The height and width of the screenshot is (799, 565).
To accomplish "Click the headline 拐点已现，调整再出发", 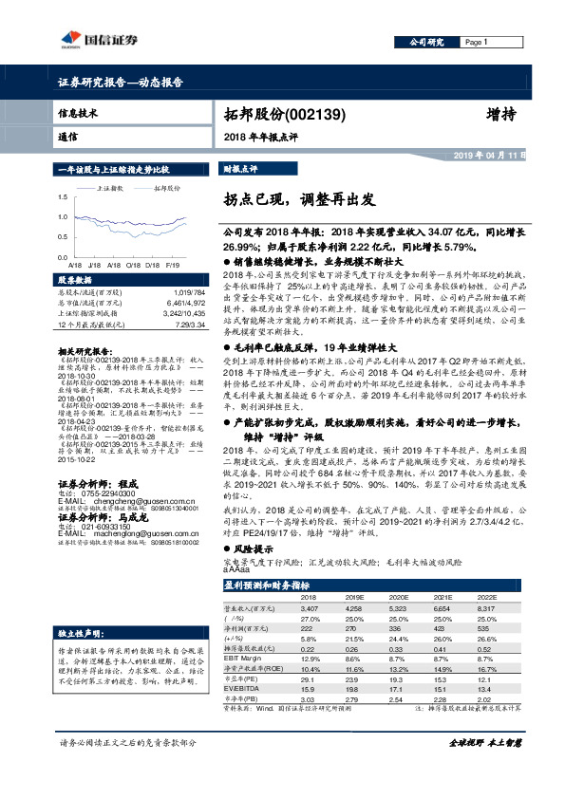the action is click(x=294, y=200).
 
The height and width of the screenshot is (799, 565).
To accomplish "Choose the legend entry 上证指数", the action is click(x=112, y=189).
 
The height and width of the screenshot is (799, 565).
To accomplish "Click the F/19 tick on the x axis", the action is click(x=171, y=267).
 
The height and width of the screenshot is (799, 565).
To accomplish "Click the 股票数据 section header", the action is click(x=76, y=280).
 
